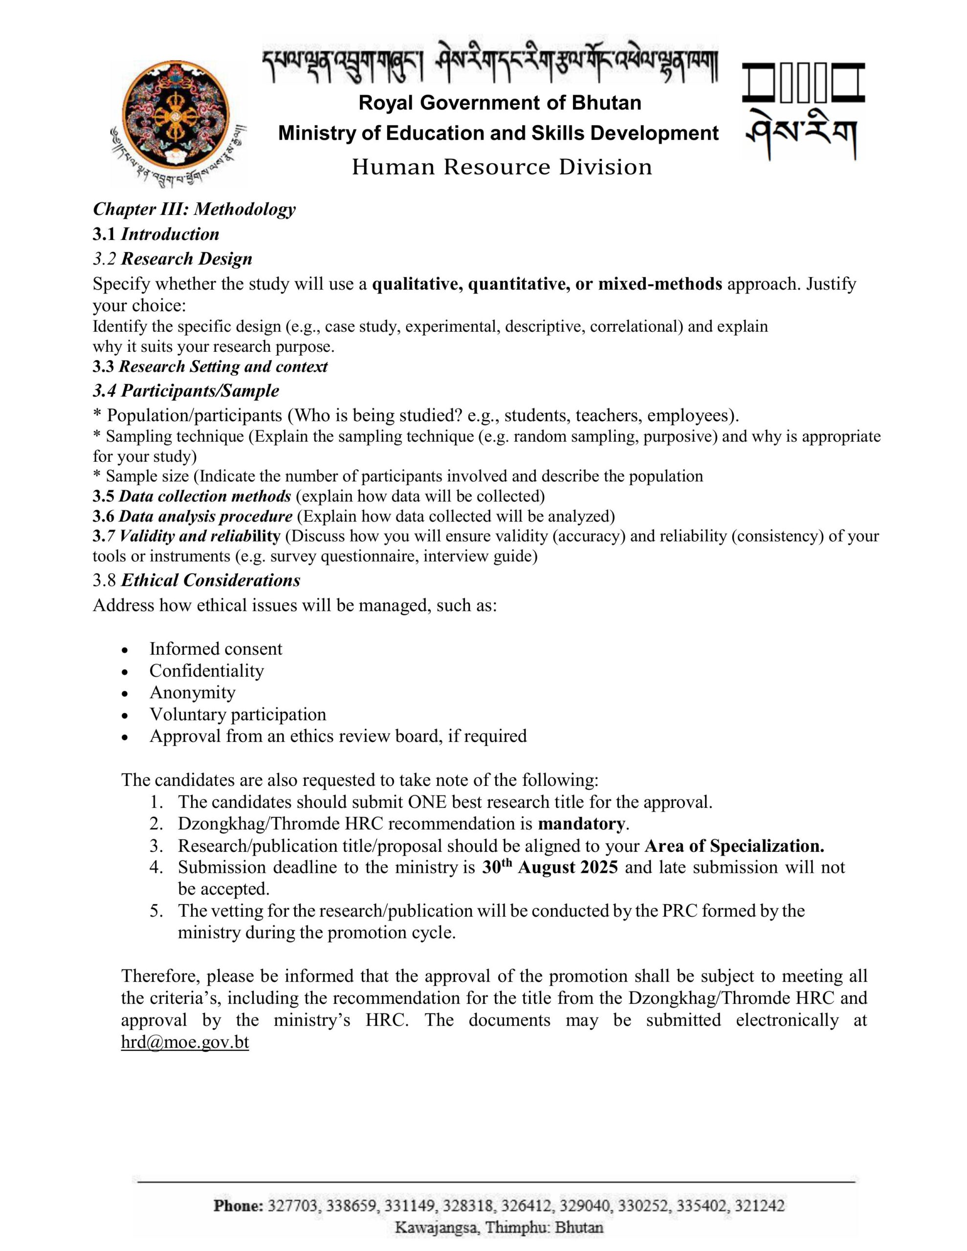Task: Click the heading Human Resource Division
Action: (x=502, y=167)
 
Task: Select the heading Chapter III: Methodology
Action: (x=194, y=209)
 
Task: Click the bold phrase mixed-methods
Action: (x=660, y=283)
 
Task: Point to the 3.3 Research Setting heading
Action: (x=210, y=367)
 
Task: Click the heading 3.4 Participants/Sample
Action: (x=186, y=391)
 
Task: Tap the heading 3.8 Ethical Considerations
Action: (x=196, y=580)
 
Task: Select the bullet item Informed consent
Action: (x=216, y=648)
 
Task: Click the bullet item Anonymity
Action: (x=192, y=692)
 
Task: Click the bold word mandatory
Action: (x=581, y=824)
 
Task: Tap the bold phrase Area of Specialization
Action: (x=734, y=845)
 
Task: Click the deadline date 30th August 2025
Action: (x=549, y=867)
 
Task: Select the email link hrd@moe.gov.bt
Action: (x=185, y=1042)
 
